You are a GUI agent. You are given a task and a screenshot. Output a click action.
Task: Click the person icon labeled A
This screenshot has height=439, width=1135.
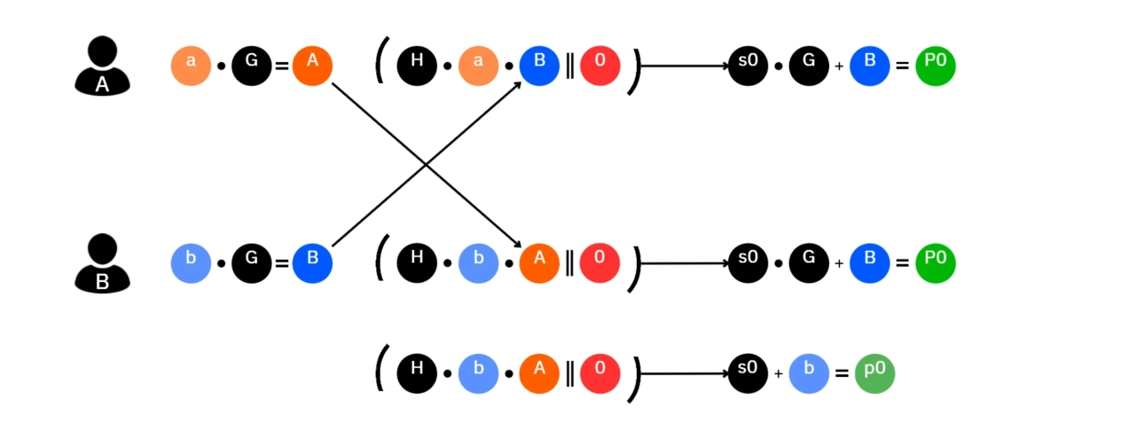pos(102,66)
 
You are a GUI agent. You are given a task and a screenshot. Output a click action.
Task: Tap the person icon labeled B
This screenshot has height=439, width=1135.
pos(102,263)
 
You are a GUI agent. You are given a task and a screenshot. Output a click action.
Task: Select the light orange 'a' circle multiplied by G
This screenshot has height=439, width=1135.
pos(191,66)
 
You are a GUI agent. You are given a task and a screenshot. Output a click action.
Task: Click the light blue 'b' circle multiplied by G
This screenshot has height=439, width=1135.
pos(191,263)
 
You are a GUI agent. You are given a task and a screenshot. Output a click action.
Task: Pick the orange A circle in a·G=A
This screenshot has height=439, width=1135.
pos(312,66)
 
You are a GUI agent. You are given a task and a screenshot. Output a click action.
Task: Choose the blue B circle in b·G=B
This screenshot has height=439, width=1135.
pos(312,263)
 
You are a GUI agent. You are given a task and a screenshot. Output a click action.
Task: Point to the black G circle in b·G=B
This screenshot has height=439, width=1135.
pos(252,263)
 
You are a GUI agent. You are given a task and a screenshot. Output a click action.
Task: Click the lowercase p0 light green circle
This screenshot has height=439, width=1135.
pos(874,373)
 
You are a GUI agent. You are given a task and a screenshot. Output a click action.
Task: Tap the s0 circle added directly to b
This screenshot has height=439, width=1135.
pos(748,373)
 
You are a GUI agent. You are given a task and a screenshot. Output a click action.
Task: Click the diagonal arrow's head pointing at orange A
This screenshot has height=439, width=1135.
pos(517,245)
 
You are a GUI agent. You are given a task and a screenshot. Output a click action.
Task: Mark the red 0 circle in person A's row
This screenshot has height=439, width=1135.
pos(599,66)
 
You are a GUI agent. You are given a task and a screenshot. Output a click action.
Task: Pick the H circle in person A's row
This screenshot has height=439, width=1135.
pos(417,66)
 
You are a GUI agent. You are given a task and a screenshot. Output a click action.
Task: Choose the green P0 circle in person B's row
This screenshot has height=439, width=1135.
pos(935,263)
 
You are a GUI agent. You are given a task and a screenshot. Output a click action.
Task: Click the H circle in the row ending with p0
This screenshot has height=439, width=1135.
pos(417,373)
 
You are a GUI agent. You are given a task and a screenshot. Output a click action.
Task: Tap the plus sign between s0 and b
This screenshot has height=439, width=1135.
pos(779,374)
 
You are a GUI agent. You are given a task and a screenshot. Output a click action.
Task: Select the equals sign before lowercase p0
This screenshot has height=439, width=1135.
pos(841,373)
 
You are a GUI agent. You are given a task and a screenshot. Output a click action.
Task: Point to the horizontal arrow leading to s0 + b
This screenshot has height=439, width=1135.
pos(683,373)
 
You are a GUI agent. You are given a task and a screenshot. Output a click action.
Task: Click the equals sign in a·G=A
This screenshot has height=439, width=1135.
pos(282,66)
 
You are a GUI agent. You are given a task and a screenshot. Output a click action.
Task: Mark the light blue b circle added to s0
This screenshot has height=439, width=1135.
pos(809,373)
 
